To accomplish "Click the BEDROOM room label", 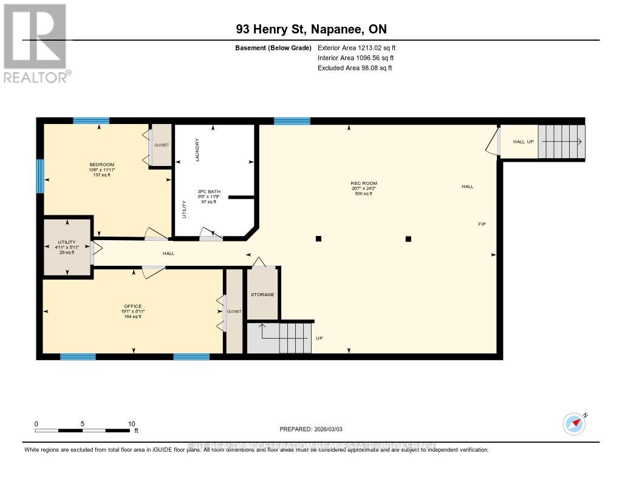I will click(101, 165).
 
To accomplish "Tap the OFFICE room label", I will click(132, 306).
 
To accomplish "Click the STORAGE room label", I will click(262, 295).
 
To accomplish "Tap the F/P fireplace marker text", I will click(482, 224).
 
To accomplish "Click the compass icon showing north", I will click(573, 423).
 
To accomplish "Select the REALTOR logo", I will click(36, 43).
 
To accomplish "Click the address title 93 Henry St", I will click(310, 29).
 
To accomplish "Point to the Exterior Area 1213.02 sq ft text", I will click(357, 47).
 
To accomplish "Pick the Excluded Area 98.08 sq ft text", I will click(355, 68).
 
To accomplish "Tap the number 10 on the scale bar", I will click(131, 424).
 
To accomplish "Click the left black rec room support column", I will click(318, 239).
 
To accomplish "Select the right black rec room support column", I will click(408, 239).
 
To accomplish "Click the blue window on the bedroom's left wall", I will click(40, 176).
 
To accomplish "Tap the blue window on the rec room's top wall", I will click(292, 121).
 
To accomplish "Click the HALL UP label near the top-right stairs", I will click(523, 142).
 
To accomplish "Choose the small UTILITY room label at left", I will click(66, 242).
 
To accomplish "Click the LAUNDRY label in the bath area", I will click(197, 150).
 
